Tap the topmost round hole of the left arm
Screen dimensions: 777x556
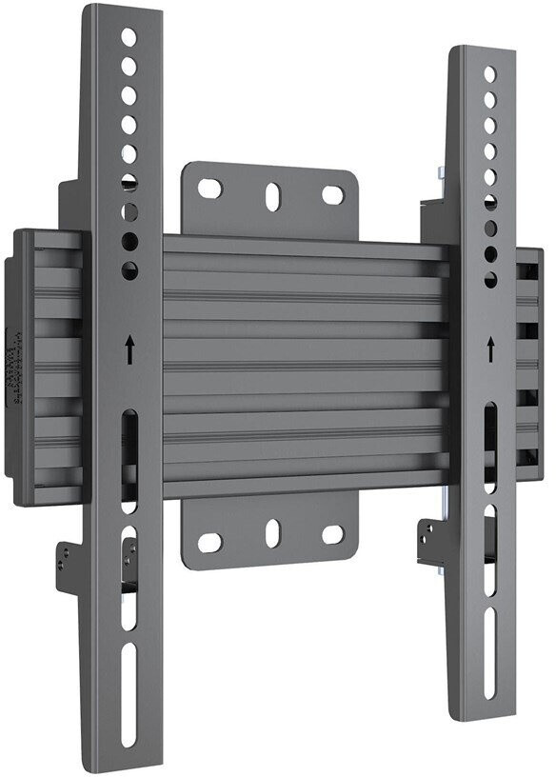click(x=129, y=38)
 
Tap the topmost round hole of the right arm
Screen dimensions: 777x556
click(x=489, y=73)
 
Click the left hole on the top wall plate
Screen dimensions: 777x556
click(x=209, y=189)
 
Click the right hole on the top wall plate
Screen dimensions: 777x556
click(x=332, y=195)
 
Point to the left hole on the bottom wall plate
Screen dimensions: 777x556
click(x=209, y=543)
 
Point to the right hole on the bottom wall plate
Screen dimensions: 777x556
click(x=332, y=533)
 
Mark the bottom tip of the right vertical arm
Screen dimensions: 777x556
click(x=487, y=716)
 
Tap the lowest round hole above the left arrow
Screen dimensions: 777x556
click(x=129, y=271)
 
